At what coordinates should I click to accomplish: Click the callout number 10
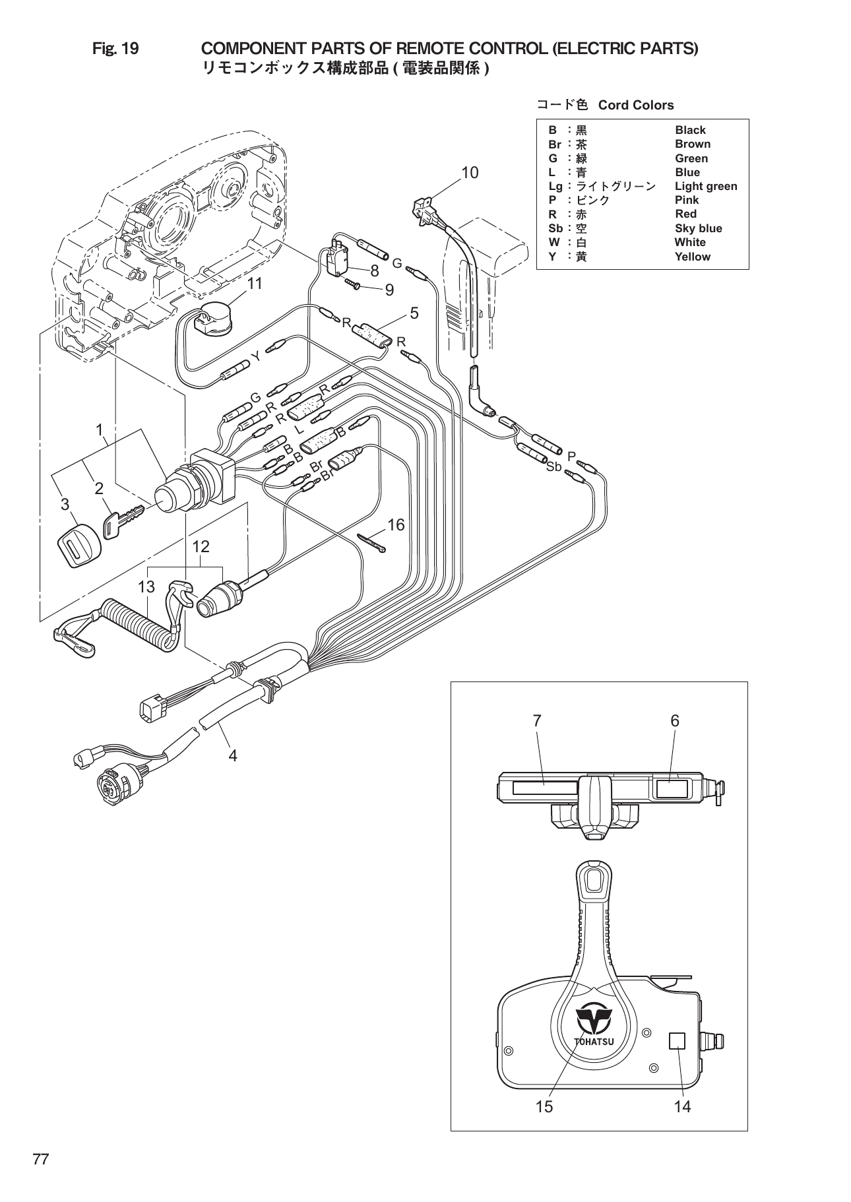click(469, 173)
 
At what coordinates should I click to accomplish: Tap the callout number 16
click(396, 525)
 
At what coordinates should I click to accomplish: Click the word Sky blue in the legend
click(698, 228)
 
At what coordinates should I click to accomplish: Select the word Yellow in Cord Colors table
click(692, 257)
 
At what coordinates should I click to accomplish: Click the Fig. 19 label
click(115, 49)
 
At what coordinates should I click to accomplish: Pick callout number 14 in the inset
click(682, 1106)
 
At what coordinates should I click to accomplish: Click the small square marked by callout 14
click(677, 1041)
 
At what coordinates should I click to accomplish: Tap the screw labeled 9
click(351, 284)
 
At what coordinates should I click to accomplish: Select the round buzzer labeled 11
click(214, 319)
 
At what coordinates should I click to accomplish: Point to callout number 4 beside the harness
click(232, 755)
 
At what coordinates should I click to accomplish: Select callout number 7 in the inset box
click(537, 721)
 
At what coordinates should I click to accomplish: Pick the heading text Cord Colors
click(635, 106)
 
